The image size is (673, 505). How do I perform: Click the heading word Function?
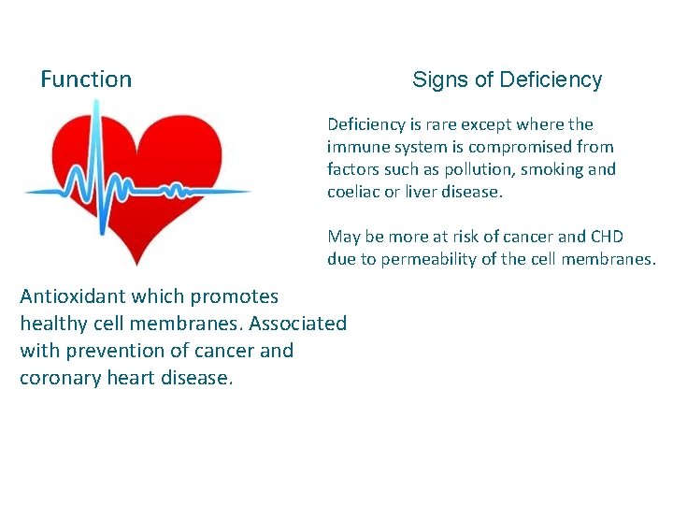[x=86, y=79]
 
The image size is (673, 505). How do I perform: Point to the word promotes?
[x=235, y=296]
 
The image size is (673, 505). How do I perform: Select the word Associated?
[x=298, y=324]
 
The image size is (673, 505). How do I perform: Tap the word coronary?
[x=59, y=378]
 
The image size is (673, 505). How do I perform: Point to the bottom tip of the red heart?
[x=137, y=265]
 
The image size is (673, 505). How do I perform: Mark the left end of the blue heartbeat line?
[x=26, y=193]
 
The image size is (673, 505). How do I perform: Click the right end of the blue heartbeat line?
[x=251, y=193]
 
